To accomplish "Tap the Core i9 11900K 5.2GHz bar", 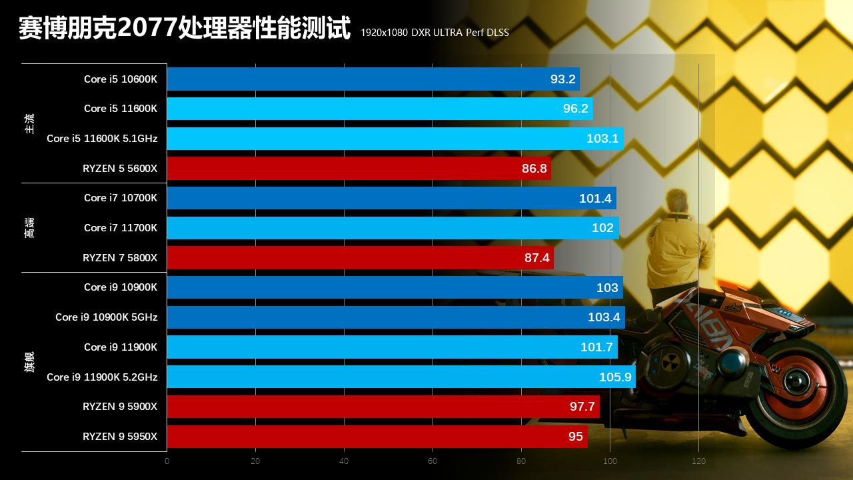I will (401, 377).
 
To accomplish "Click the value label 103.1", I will (602, 139).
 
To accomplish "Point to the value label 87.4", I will (537, 258).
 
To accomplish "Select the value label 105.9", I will (614, 377).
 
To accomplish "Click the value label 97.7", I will (582, 407).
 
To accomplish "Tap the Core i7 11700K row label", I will (121, 228).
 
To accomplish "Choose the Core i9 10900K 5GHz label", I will (107, 317).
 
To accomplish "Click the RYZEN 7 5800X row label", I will (120, 258).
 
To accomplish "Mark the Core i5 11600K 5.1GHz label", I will (102, 139).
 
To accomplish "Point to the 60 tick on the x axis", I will (432, 461).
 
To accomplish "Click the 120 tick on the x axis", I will (698, 461).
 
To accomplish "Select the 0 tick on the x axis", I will (167, 461).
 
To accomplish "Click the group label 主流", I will (29, 123).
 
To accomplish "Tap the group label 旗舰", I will (29, 361).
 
